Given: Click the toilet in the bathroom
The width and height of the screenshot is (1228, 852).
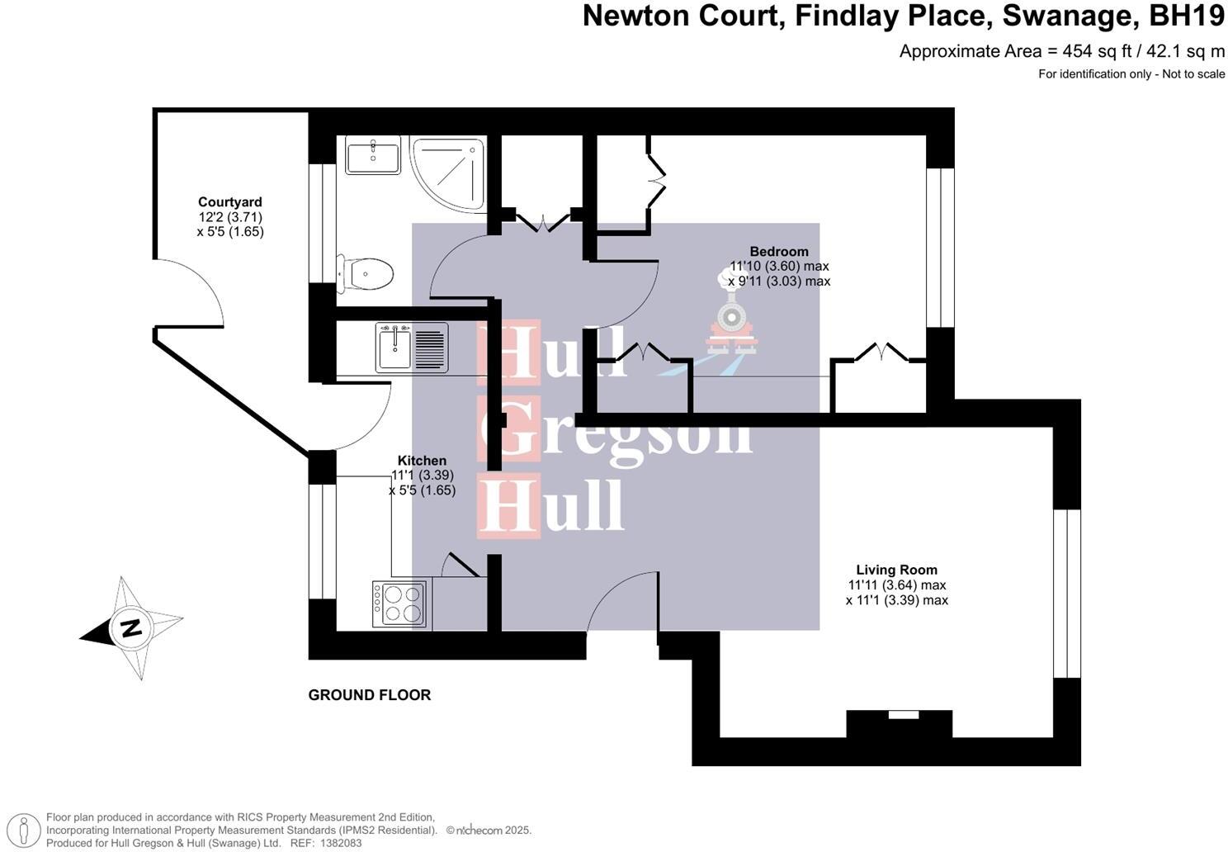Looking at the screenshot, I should pos(366,273).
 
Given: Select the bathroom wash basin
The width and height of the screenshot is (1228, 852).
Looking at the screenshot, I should pos(372,154).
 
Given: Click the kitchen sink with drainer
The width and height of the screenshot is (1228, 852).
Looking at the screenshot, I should pos(412,348).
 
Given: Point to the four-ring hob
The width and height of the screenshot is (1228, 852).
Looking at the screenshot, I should pos(399,603).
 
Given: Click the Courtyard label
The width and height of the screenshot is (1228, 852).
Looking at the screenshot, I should pos(229,202).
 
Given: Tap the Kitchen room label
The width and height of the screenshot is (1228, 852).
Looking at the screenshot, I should pos(422,461).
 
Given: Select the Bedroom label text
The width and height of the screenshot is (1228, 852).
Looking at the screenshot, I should pos(778,252).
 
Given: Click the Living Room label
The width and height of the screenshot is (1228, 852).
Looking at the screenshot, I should pos(896,570).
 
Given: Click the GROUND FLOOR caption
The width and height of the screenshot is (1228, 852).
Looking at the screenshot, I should pos(369,695).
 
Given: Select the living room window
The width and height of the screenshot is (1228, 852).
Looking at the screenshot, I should pos(1066,593).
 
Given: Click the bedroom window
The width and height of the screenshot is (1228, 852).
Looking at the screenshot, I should pos(939,248).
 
